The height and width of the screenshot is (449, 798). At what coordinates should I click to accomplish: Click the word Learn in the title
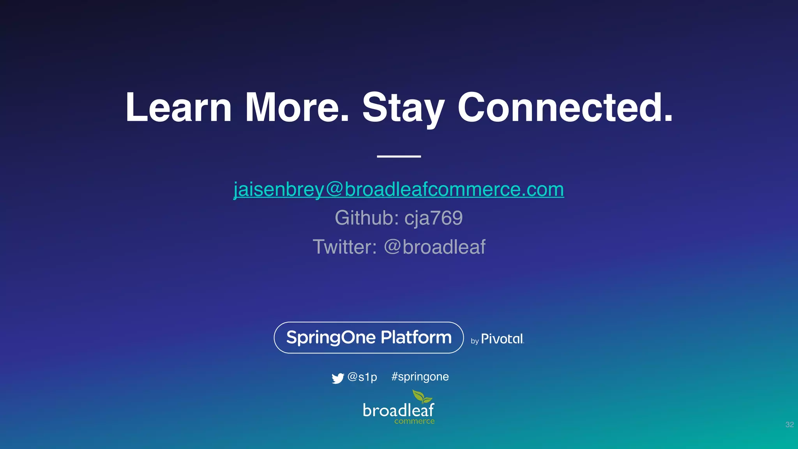178,108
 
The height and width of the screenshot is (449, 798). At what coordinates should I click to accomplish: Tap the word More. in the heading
297,108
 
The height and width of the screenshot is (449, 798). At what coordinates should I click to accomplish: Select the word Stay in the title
403,108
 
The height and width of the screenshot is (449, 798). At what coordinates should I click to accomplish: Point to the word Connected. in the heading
565,108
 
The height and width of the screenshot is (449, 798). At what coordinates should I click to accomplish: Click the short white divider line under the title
399,156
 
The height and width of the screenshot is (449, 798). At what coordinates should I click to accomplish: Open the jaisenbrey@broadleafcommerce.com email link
399,190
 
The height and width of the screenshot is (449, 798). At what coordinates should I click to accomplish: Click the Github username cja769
434,218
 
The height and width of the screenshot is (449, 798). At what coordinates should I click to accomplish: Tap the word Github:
367,218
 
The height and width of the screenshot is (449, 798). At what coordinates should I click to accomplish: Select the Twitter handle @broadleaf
434,247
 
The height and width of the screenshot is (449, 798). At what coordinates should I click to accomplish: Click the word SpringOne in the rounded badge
331,338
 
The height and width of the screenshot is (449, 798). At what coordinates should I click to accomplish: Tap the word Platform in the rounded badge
416,338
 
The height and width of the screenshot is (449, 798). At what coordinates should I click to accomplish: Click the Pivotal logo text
502,339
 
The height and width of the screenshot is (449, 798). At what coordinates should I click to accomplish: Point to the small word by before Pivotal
475,341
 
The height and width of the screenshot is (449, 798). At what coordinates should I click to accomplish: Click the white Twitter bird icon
337,378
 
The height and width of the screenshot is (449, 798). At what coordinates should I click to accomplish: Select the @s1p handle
362,377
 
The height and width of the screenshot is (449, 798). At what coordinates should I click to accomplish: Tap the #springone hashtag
420,377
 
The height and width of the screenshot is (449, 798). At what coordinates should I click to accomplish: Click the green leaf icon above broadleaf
422,397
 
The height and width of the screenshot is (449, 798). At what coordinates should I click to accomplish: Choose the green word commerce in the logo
414,421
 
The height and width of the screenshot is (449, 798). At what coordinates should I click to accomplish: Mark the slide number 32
789,424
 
